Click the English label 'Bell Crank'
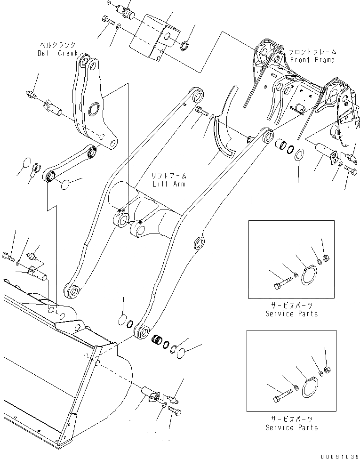(x=57, y=53)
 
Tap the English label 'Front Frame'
(x=312, y=60)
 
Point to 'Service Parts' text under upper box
(x=291, y=314)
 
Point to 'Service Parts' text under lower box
(x=291, y=427)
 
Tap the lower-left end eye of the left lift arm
(x=73, y=291)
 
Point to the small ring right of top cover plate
(x=185, y=46)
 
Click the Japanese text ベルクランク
(x=57, y=45)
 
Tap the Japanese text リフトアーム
(x=168, y=176)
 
